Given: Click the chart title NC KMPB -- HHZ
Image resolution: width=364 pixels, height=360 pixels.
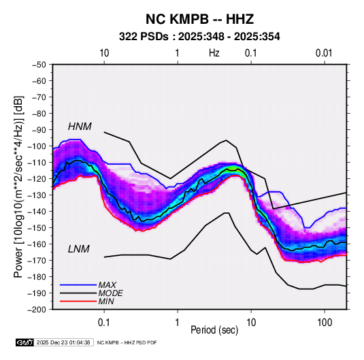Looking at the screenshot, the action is (199, 19).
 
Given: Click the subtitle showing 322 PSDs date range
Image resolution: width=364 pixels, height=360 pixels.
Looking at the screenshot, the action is (199, 37).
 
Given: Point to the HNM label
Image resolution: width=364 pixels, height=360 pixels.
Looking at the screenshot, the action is (80, 127).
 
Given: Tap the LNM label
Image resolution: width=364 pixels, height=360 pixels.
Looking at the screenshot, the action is (79, 249).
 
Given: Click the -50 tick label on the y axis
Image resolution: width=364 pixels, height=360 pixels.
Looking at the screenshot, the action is (39, 65).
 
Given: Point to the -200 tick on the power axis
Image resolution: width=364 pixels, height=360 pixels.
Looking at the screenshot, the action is (37, 310).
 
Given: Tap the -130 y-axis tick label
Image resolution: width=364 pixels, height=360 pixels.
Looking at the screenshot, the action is (37, 195).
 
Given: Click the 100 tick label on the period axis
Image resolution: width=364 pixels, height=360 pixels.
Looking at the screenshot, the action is (325, 323).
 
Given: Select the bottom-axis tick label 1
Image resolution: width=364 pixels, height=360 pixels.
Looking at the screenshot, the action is (178, 323).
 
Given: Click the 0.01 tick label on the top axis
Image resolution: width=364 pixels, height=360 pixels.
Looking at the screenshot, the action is (324, 53).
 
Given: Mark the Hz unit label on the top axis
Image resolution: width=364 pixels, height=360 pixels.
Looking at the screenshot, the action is (214, 53).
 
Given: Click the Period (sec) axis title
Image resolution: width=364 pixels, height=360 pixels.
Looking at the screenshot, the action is (214, 330).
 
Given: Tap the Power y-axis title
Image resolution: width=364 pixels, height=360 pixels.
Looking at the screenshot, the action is (18, 186).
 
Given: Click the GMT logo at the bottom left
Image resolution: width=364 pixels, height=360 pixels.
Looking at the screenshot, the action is (25, 342).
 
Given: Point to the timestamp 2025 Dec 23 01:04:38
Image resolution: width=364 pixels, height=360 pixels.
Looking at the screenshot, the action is (63, 342).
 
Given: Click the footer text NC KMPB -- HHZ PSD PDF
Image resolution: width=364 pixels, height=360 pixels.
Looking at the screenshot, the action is (127, 342).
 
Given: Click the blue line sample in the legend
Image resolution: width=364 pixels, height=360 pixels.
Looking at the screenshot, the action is (78, 284).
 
